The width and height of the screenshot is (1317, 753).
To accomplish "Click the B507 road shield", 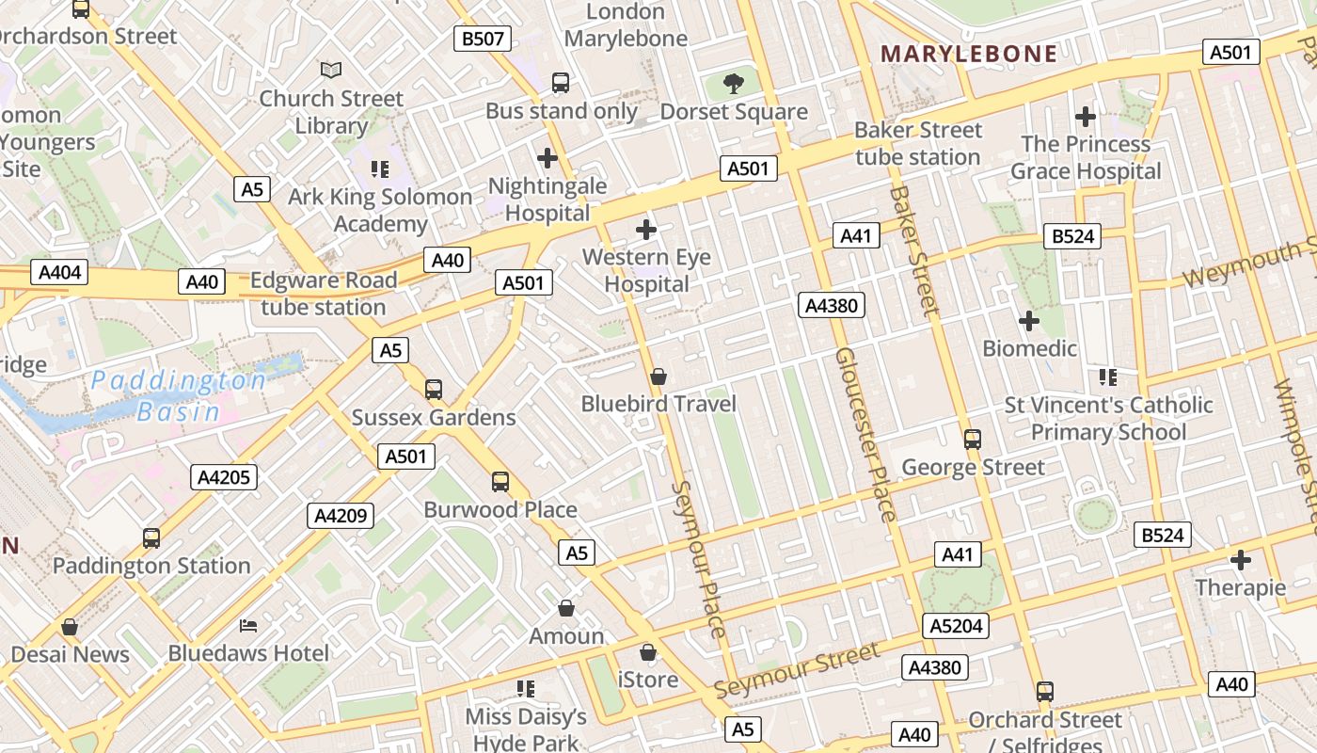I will click(483, 39).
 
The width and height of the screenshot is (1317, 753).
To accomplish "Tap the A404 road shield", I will click(59, 273).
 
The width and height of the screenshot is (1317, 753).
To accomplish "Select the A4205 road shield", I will click(223, 477).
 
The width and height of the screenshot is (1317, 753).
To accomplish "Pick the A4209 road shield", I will click(340, 516).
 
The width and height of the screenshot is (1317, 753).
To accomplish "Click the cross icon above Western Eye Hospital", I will click(646, 229).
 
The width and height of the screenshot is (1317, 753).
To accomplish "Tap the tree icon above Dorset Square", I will click(734, 84).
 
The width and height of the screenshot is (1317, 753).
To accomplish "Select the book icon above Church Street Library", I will click(330, 70).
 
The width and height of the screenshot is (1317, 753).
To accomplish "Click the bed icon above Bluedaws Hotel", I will click(248, 625).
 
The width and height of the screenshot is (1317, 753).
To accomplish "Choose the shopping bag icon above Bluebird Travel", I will click(658, 376).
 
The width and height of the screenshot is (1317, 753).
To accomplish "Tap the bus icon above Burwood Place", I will click(500, 482).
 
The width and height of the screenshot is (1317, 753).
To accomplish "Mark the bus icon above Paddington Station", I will click(151, 538).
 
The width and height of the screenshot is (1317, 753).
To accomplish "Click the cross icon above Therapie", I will click(1241, 560).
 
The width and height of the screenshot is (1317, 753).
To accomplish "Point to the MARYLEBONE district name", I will click(969, 54).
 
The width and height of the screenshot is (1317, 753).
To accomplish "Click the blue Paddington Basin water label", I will click(179, 395).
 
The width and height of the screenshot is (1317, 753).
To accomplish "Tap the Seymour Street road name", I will click(798, 670).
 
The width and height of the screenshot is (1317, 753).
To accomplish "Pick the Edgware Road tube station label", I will click(324, 294).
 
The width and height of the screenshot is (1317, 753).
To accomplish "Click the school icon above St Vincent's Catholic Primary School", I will click(1108, 377).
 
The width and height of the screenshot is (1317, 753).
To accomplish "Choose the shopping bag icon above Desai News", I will click(70, 627).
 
